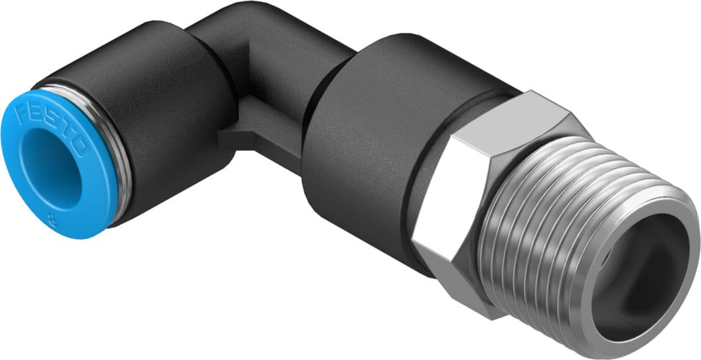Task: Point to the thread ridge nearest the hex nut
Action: point(505,199)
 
